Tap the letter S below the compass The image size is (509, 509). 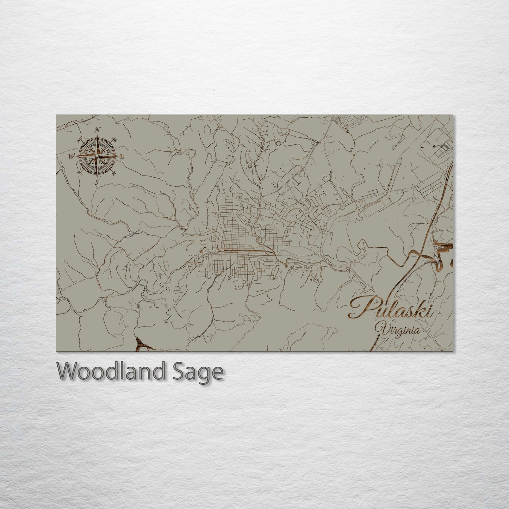[97, 182]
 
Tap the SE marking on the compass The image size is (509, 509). [114, 173]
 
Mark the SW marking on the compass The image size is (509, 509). [80, 173]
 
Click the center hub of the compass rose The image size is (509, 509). [97, 156]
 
